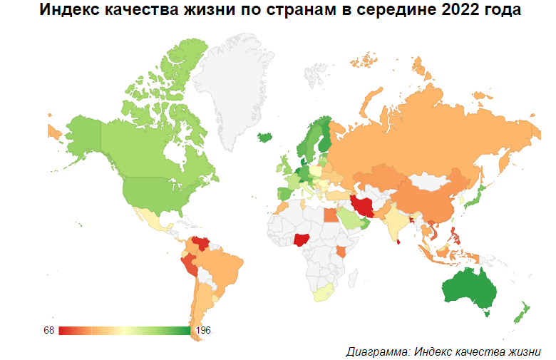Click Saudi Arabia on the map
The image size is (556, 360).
[x=349, y=218]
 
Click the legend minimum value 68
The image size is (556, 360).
[x=48, y=331]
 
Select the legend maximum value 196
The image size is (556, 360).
[x=202, y=331]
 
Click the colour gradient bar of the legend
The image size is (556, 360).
[x=124, y=331]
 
